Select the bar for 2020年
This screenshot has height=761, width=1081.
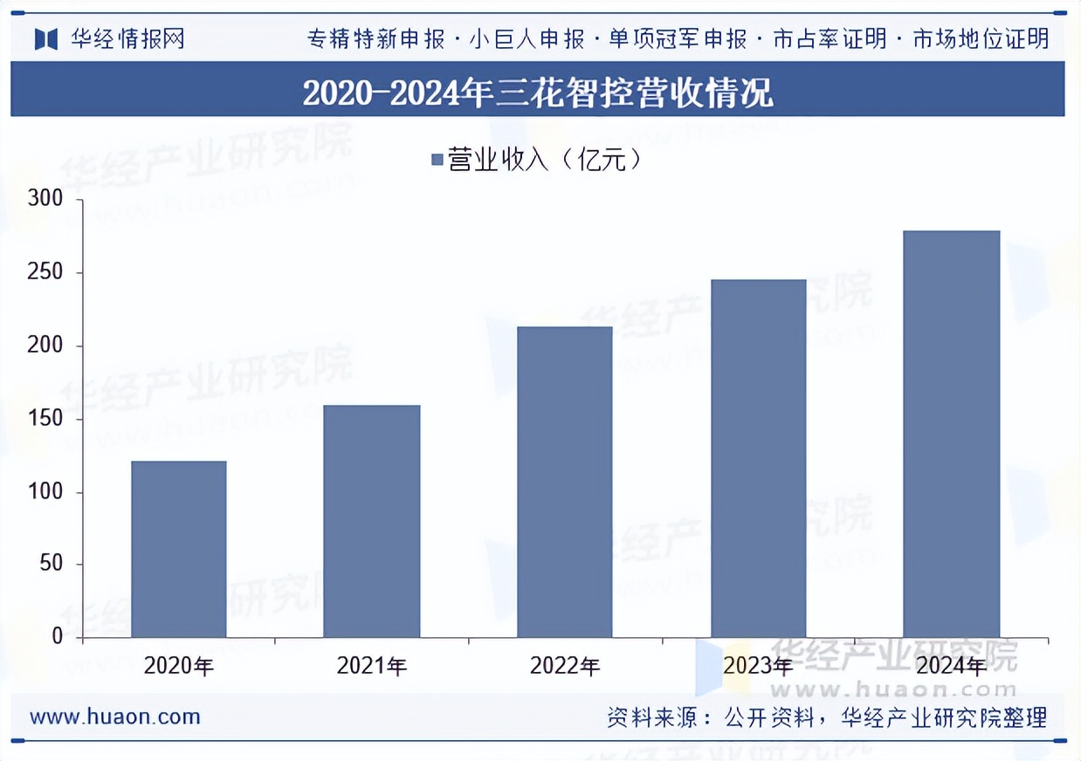(x=179, y=549)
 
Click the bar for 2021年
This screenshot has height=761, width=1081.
(x=372, y=521)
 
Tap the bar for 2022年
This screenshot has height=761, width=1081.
(x=565, y=482)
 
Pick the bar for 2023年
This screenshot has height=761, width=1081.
(x=758, y=458)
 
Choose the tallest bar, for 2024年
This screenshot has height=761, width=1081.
(x=951, y=434)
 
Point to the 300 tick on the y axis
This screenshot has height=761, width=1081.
(x=45, y=199)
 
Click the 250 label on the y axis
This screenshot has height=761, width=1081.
(x=45, y=272)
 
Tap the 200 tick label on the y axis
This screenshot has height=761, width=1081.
(x=45, y=346)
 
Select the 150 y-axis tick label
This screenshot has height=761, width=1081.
(x=45, y=419)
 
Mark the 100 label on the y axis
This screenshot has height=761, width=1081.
(x=45, y=492)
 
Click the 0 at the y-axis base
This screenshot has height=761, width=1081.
(x=58, y=636)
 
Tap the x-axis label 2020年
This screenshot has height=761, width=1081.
(x=179, y=667)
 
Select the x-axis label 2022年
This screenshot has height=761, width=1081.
(x=565, y=667)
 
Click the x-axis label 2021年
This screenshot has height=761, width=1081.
(x=372, y=667)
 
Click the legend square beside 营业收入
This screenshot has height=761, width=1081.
(x=438, y=160)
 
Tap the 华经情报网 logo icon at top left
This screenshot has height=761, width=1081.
(x=45, y=39)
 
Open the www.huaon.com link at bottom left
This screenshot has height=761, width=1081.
(x=115, y=717)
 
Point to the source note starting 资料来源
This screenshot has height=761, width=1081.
(x=826, y=718)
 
